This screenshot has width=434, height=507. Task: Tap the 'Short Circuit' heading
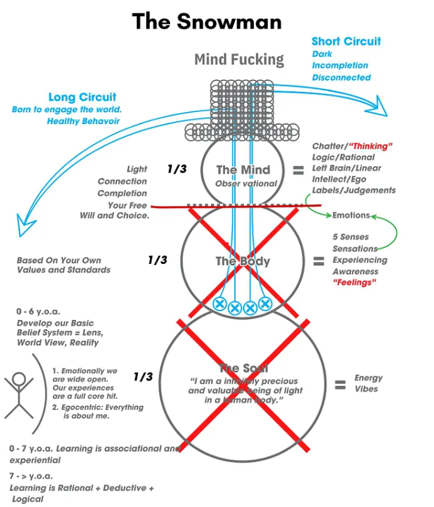346,42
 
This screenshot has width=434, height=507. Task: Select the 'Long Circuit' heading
83,97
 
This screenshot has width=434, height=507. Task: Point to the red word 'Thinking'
371,146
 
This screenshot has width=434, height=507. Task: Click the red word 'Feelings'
353,283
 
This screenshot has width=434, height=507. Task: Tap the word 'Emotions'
351,215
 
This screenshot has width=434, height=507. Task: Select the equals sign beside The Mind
299,170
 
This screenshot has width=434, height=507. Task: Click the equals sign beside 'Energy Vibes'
340,384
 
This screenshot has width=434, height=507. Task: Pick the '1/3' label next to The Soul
143,377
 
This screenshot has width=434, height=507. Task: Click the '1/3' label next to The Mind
177,169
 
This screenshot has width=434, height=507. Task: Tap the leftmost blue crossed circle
219,304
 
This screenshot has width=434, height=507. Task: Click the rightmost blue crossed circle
265,304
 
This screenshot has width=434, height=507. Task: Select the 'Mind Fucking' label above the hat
239,60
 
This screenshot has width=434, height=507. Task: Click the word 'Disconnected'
341,77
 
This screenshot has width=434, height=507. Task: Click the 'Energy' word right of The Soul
368,378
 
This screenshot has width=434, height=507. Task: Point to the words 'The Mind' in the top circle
243,170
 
